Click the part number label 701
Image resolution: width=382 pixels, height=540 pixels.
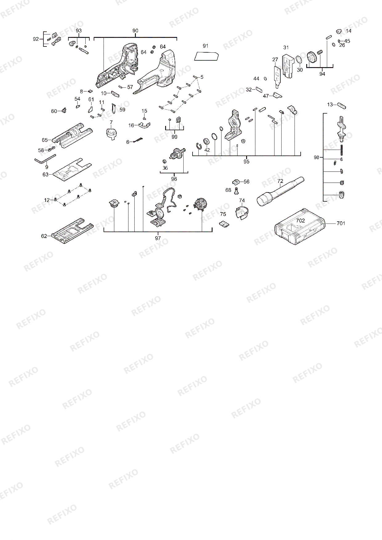[x=341, y=223]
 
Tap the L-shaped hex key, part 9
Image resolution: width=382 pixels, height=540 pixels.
[x=45, y=159]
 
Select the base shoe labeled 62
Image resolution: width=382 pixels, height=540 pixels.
[x=72, y=232]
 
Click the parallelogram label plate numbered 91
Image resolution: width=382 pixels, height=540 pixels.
[x=207, y=56]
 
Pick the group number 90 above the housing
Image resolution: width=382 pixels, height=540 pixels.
[x=135, y=31]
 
